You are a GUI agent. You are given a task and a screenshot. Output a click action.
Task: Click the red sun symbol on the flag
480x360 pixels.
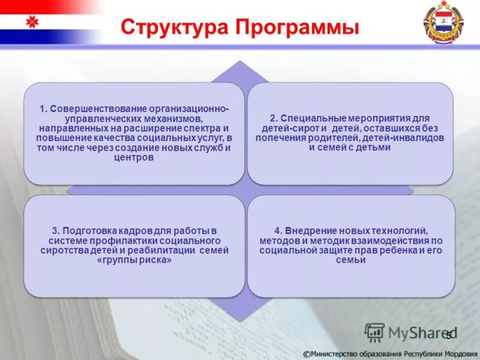click(32, 23)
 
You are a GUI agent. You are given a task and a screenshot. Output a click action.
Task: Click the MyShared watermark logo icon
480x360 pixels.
click(374, 332)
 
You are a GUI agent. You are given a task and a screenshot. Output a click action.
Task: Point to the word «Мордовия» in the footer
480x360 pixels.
click(457, 353)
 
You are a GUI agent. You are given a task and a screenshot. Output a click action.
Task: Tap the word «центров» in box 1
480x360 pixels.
click(134, 158)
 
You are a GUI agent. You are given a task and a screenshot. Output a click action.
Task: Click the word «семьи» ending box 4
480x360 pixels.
click(350, 260)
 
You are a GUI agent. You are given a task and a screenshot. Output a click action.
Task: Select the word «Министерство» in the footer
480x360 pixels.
click(338, 353)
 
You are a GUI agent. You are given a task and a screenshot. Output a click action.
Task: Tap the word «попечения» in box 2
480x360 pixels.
click(277, 138)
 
